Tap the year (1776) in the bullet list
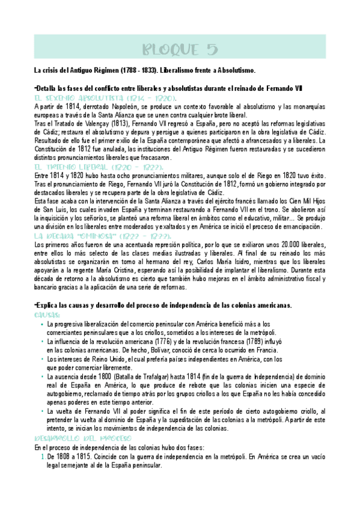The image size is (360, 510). click(x=162, y=342)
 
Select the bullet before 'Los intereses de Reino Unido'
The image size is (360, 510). click(x=41, y=359)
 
